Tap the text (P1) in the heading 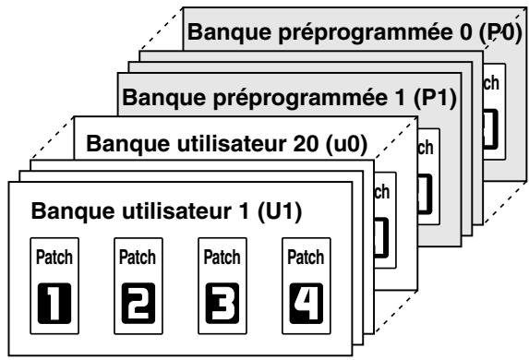pos(437,95)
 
